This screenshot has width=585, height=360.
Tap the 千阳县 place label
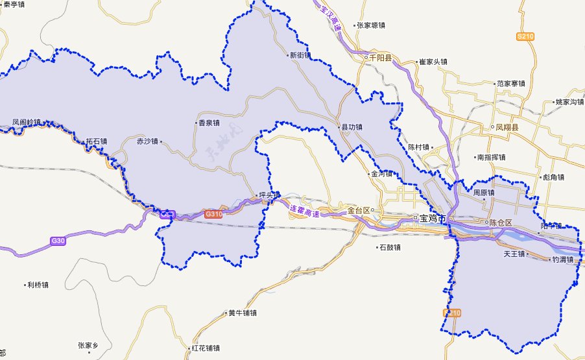coord(380,58)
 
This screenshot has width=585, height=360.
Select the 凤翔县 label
coord(507,128)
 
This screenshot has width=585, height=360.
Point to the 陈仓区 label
coord(500,222)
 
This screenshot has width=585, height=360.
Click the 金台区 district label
coord(358,210)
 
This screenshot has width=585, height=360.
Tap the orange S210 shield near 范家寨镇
coord(525,37)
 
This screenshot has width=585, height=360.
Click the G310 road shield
coord(213,213)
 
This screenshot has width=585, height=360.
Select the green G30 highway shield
coord(58,241)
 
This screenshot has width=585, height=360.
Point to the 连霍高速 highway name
coord(304,211)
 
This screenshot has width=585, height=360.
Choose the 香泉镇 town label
coord(209,123)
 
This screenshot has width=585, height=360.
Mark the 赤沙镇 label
coord(148,141)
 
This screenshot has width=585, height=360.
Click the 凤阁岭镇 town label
coord(26,122)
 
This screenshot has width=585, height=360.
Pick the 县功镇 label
coord(352,128)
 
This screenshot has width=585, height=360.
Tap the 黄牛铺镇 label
coord(243,313)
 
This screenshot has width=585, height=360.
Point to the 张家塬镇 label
coord(371,26)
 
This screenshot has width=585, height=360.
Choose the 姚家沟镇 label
coord(570,102)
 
